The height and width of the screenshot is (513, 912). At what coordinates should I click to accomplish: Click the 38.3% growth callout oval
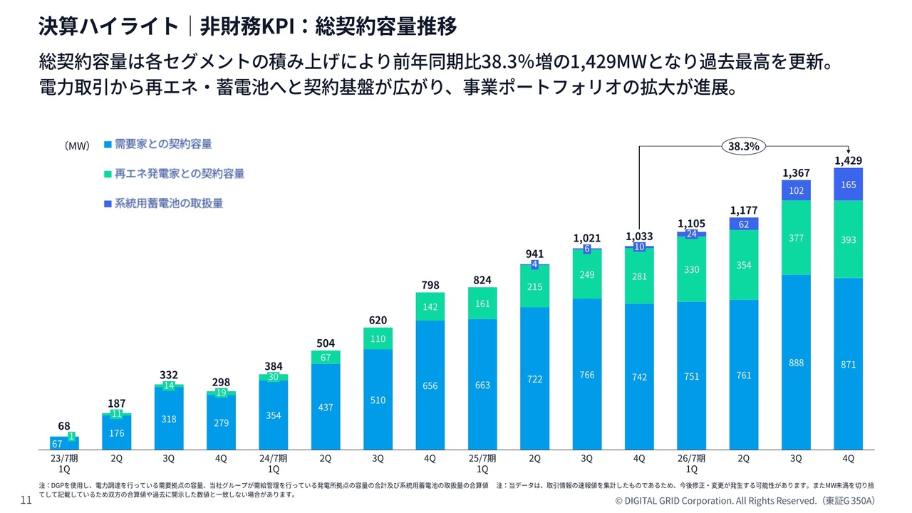click(743, 146)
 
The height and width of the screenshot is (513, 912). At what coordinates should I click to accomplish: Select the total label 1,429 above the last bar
click(848, 160)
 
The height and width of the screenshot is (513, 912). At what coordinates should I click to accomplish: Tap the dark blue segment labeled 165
click(848, 185)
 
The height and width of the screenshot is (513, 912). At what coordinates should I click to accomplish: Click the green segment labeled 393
click(848, 239)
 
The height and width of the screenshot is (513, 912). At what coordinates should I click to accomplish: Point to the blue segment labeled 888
click(796, 363)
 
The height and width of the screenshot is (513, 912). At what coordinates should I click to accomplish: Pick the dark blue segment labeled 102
click(796, 190)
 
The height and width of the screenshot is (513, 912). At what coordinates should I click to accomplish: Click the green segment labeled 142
click(430, 306)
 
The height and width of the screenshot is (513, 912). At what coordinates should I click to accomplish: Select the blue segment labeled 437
click(326, 407)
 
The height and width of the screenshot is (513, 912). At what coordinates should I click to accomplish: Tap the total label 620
click(378, 321)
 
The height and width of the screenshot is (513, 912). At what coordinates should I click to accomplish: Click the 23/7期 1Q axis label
click(64, 464)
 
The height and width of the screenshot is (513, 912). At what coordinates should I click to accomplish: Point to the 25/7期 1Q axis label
click(482, 464)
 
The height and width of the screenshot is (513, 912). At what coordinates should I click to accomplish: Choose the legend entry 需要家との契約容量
click(158, 144)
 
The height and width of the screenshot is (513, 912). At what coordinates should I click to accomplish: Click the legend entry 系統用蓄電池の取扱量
click(164, 204)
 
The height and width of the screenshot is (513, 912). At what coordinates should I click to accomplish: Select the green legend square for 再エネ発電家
click(108, 175)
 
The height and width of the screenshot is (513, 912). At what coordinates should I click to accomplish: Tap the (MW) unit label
click(77, 146)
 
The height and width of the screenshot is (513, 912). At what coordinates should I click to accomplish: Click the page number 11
click(26, 500)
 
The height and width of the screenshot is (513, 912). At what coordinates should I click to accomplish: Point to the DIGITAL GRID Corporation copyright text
click(745, 501)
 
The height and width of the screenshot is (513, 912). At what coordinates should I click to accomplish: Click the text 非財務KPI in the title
click(247, 26)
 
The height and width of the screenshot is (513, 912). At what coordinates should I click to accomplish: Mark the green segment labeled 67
click(326, 358)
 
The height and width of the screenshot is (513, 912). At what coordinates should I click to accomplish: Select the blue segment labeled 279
click(221, 423)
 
